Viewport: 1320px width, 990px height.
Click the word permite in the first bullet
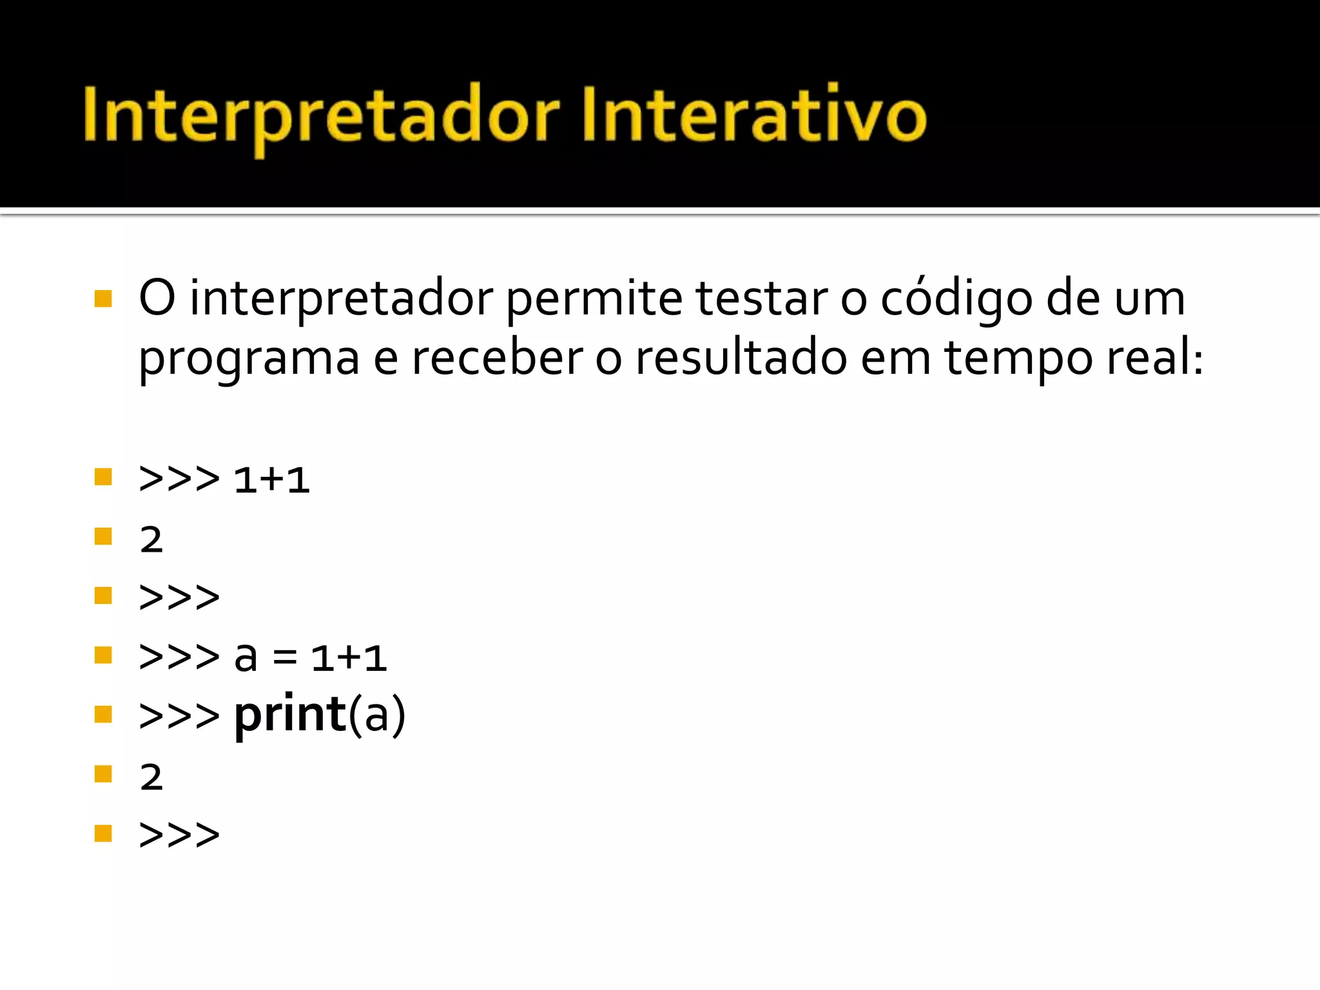click(x=593, y=300)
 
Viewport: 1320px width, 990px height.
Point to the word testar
click(x=761, y=299)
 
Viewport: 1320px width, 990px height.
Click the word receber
click(x=497, y=358)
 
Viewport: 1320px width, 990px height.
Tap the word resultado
click(x=741, y=358)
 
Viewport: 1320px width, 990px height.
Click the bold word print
click(x=290, y=715)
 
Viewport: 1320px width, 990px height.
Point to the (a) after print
click(x=377, y=715)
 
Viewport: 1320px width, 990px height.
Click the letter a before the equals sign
click(x=246, y=657)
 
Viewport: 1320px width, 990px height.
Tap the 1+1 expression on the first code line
click(x=271, y=480)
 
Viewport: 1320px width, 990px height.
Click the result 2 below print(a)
click(x=151, y=777)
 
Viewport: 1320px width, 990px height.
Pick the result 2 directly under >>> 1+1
click(x=151, y=539)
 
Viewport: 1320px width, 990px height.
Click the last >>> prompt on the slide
click(x=179, y=835)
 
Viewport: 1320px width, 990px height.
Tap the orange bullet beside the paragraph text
click(x=103, y=299)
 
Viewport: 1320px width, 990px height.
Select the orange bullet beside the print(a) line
click(x=103, y=714)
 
